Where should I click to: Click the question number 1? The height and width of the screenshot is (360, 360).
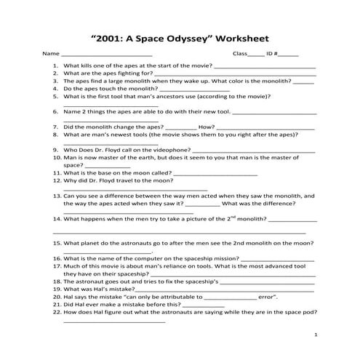coord(56,65)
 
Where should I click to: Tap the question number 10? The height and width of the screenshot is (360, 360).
coord(55,157)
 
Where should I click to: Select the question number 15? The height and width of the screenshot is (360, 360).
coord(55,243)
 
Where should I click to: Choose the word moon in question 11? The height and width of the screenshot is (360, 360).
coord(139,172)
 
